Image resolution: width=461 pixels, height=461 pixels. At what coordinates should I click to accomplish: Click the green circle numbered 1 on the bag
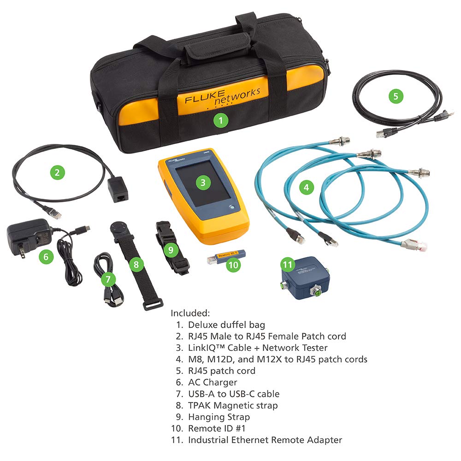tap(221, 120)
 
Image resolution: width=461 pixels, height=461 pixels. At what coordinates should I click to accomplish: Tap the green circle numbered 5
tap(395, 96)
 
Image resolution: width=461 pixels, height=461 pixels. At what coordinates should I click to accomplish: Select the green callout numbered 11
tap(288, 264)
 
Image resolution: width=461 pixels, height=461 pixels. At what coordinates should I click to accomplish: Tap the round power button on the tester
tap(230, 208)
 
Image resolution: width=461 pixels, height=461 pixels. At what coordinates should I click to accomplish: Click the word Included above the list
tap(190, 313)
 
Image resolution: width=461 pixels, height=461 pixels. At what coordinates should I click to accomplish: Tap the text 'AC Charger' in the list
tap(213, 382)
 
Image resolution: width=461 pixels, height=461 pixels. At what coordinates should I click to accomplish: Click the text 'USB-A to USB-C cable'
tap(233, 394)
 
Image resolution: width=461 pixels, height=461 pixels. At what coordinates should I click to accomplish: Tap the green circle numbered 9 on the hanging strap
tap(170, 249)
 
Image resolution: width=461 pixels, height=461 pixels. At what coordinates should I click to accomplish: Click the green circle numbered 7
tap(108, 278)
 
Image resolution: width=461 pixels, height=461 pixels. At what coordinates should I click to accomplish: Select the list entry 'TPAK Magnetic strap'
tap(232, 405)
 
